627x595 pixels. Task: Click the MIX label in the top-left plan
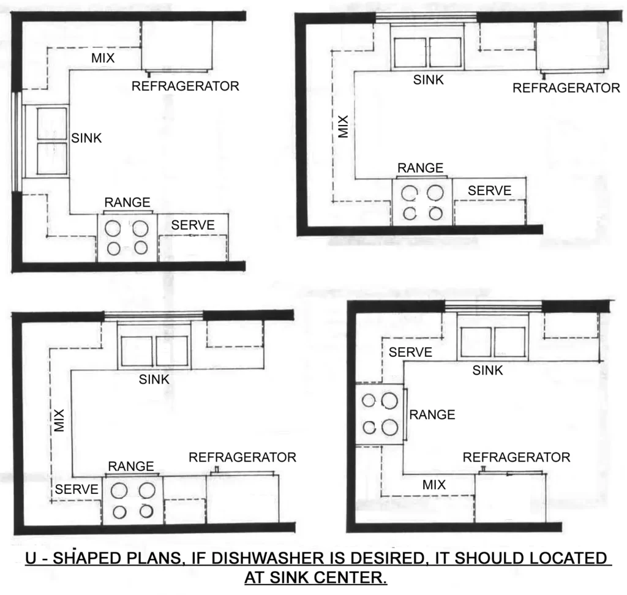point(103,58)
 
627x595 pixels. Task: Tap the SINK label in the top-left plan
point(86,138)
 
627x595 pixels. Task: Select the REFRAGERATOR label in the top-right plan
point(566,88)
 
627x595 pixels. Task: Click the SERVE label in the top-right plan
point(489,190)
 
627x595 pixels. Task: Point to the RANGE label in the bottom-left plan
point(130,466)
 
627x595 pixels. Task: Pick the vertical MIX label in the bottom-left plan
point(59,421)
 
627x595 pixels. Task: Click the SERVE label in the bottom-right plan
point(410,352)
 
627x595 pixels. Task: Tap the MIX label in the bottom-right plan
point(434,485)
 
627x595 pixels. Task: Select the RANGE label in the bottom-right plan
point(432,414)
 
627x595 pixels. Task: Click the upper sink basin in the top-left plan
point(51,125)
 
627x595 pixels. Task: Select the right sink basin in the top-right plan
point(445,53)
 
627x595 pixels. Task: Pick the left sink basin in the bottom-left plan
point(137,351)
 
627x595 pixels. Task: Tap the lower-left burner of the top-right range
point(408,214)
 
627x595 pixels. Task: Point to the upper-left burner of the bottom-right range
point(369,401)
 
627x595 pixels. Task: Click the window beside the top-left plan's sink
point(17,140)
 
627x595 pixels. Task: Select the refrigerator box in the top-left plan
point(178,46)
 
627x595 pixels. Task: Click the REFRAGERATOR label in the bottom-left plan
point(242,457)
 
